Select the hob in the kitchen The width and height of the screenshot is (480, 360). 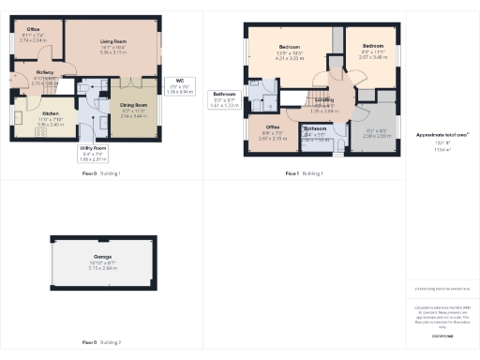tap(39, 133)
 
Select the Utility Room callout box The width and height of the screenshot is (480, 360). tap(93, 154)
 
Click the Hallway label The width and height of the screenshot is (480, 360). tap(44, 72)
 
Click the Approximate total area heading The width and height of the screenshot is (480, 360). tap(442, 135)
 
